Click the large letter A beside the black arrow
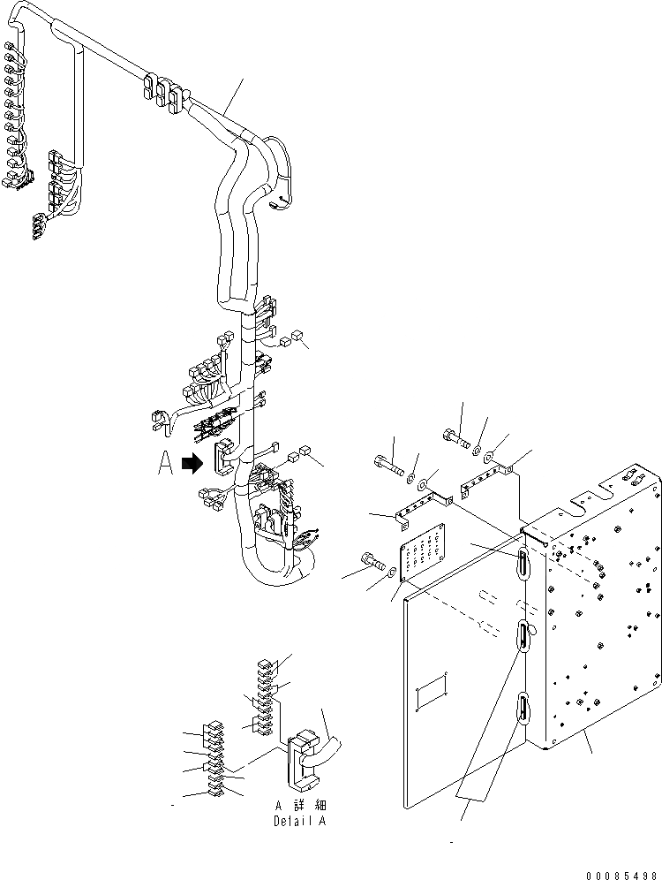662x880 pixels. pyautogui.click(x=165, y=464)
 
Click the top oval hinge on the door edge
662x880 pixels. pyautogui.click(x=522, y=563)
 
